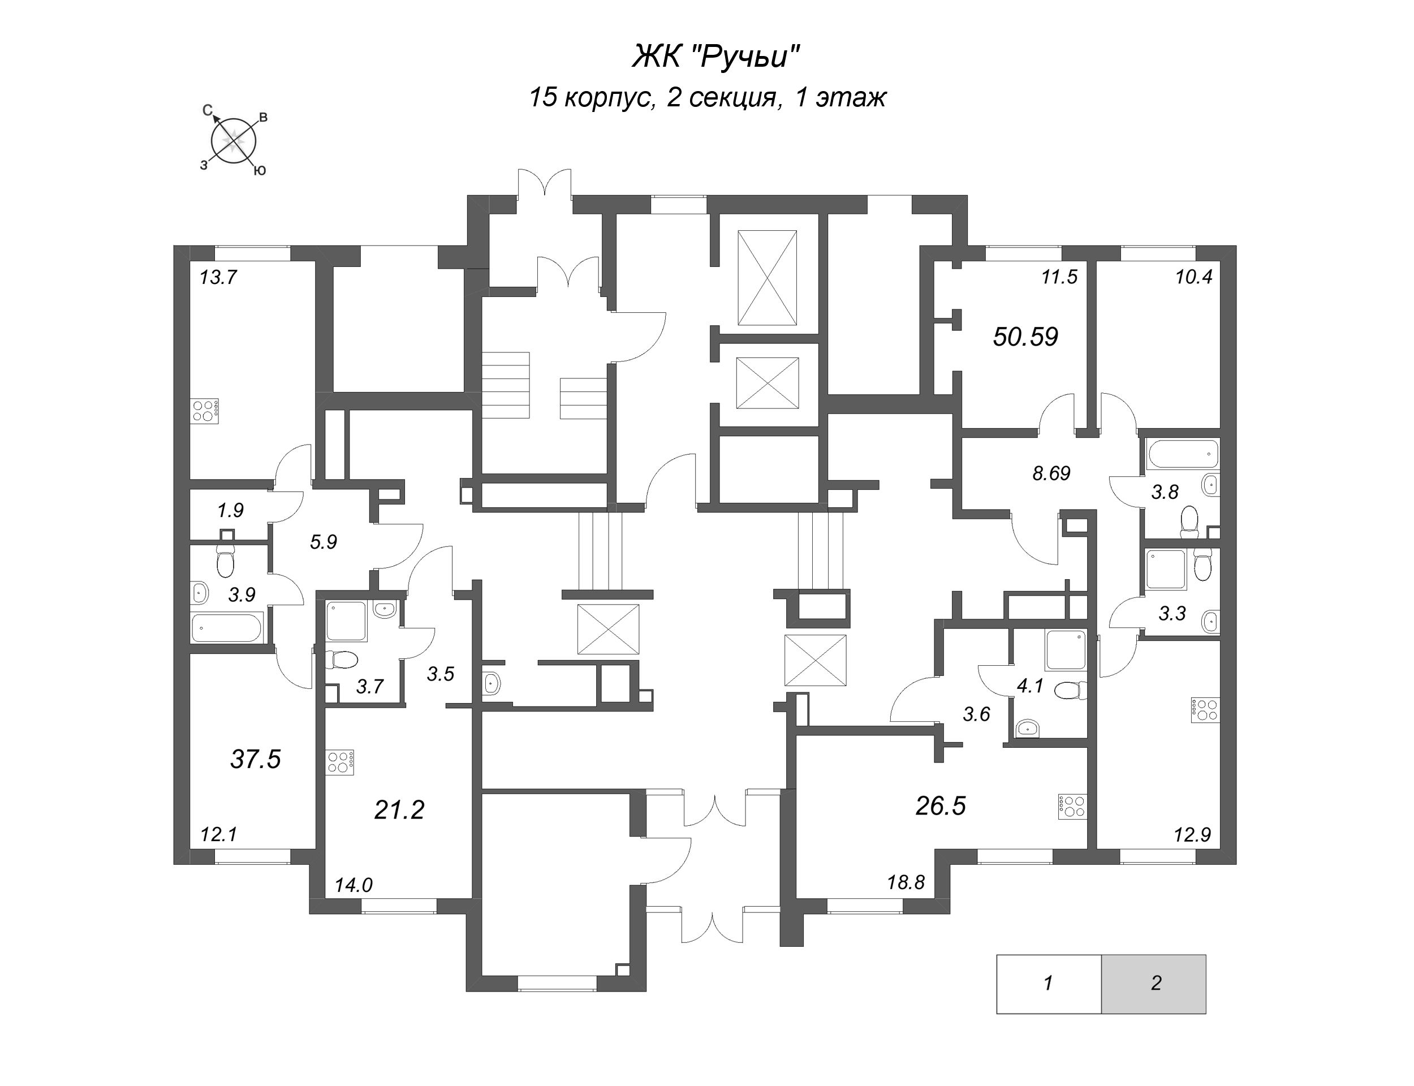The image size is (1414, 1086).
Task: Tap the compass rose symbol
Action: click(x=234, y=140)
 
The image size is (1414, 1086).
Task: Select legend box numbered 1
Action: click(x=1047, y=983)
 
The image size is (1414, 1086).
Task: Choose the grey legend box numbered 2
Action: click(x=1155, y=983)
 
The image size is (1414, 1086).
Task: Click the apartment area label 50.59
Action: click(x=1025, y=337)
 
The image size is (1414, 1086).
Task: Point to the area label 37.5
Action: click(x=255, y=759)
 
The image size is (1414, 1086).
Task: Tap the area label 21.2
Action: click(x=399, y=809)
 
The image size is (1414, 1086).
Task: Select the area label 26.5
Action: click(x=940, y=805)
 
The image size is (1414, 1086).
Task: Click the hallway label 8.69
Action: click(x=1051, y=473)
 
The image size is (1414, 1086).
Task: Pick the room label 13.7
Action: click(x=218, y=277)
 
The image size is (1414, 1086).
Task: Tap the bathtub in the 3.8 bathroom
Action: click(x=1182, y=454)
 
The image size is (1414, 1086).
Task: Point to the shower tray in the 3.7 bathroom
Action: click(x=346, y=620)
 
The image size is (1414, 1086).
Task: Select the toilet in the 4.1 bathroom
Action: click(x=1070, y=691)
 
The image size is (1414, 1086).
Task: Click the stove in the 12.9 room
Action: click(x=1205, y=710)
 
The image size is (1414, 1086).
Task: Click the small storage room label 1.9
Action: click(x=230, y=510)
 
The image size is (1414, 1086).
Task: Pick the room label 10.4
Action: click(x=1193, y=277)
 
